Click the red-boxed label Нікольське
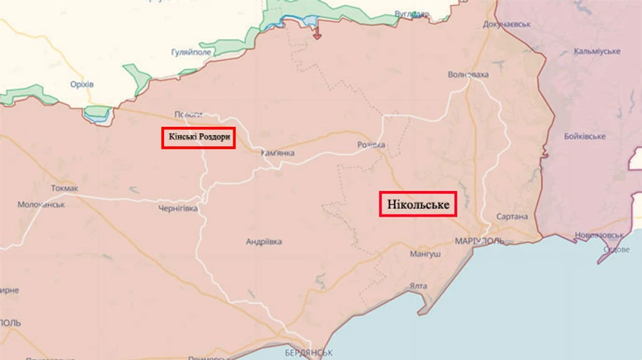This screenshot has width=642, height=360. [x=417, y=205]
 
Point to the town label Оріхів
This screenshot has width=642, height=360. [x=82, y=84]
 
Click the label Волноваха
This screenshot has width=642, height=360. [x=468, y=74]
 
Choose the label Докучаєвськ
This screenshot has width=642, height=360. [x=506, y=24]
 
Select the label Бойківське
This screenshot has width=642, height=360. [x=584, y=136]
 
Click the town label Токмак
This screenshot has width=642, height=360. [x=65, y=188]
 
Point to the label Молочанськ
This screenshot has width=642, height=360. [x=41, y=205]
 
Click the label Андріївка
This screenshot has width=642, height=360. [x=264, y=242]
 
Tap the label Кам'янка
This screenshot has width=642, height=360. [x=278, y=153]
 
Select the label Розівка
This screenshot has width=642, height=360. [x=371, y=145]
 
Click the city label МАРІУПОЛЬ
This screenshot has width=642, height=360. [x=479, y=241]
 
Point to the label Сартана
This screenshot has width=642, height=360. [x=513, y=216]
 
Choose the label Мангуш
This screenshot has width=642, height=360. [x=426, y=254]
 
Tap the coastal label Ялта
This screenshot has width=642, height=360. [x=418, y=286]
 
